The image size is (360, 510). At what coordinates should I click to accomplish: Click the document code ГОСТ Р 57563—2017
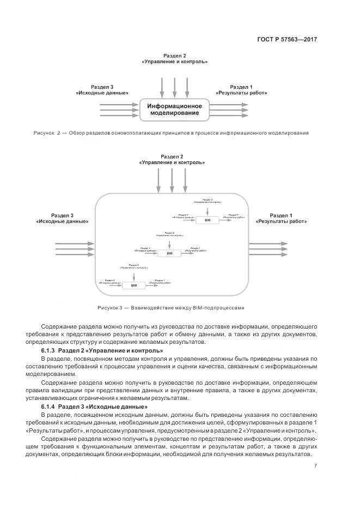[286, 39]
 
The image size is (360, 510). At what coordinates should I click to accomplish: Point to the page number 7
[316, 465]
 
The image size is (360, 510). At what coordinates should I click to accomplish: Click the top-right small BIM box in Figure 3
[207, 220]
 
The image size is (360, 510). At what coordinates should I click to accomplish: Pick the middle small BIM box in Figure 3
[169, 253]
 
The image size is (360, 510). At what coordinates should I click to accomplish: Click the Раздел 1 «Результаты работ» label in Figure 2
[241, 90]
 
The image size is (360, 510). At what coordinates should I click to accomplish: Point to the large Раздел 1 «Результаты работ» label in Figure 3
[281, 218]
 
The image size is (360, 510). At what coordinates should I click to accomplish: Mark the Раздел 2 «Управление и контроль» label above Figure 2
[174, 59]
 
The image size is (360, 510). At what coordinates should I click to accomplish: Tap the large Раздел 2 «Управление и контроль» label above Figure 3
[172, 160]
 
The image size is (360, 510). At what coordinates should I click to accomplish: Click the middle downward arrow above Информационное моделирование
[174, 86]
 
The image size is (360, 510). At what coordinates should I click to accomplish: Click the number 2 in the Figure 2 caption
[58, 132]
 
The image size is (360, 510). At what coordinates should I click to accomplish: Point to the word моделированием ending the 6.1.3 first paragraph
[65, 374]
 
